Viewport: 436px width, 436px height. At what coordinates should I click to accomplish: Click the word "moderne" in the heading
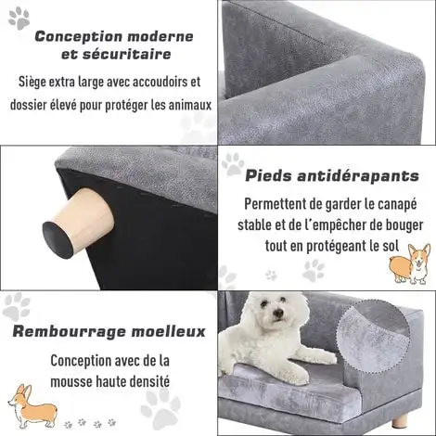pos(160,36)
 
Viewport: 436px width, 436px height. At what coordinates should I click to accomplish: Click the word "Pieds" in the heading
pos(268,176)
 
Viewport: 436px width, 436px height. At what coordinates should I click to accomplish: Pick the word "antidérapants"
pos(358,176)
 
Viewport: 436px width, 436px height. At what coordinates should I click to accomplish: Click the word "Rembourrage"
pos(70,332)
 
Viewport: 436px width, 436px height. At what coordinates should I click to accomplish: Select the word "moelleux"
pos(169,331)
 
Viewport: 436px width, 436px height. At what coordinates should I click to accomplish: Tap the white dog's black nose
pos(278,314)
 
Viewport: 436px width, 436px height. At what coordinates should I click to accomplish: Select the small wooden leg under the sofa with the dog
pos(400,420)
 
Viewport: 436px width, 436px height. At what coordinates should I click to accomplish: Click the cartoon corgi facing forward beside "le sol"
pos(410,263)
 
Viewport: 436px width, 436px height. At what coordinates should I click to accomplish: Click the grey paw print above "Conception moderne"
pos(19,19)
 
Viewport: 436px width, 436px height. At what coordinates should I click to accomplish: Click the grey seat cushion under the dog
pos(289,392)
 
